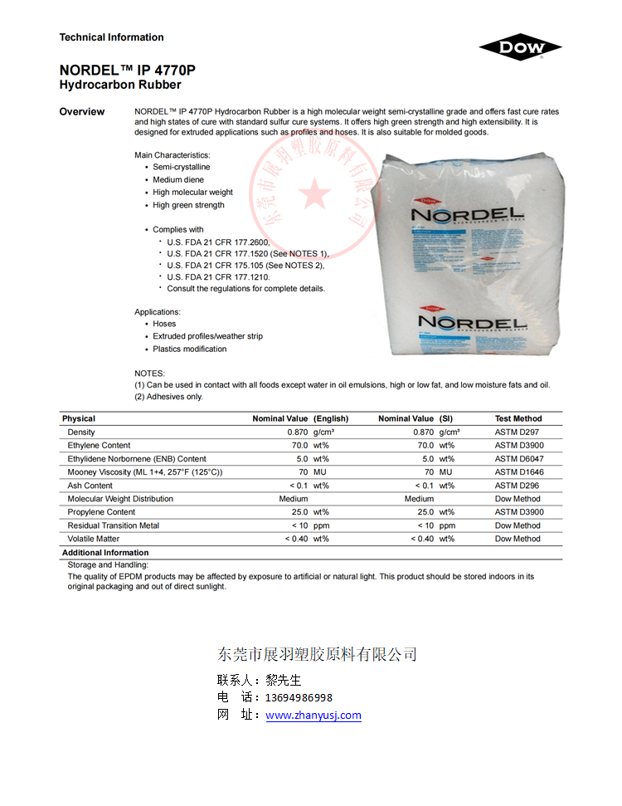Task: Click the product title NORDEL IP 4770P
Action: click(x=127, y=70)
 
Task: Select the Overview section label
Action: click(x=82, y=112)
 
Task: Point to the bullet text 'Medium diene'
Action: click(x=177, y=180)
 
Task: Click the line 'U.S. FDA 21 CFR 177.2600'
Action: click(x=218, y=242)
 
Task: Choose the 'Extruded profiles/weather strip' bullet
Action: click(x=207, y=336)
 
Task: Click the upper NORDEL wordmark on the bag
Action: click(x=468, y=215)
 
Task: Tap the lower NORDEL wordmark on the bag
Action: click(x=474, y=321)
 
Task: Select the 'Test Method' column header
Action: click(x=518, y=418)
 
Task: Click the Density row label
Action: click(x=81, y=432)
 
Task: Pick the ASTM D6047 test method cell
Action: click(x=519, y=459)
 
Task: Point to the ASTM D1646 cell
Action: click(x=519, y=472)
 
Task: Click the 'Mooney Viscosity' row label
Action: click(x=144, y=472)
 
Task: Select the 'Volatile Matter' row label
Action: click(x=94, y=539)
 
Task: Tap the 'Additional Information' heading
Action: click(x=105, y=553)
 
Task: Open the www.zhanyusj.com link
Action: click(x=313, y=716)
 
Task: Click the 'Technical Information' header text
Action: click(x=111, y=37)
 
